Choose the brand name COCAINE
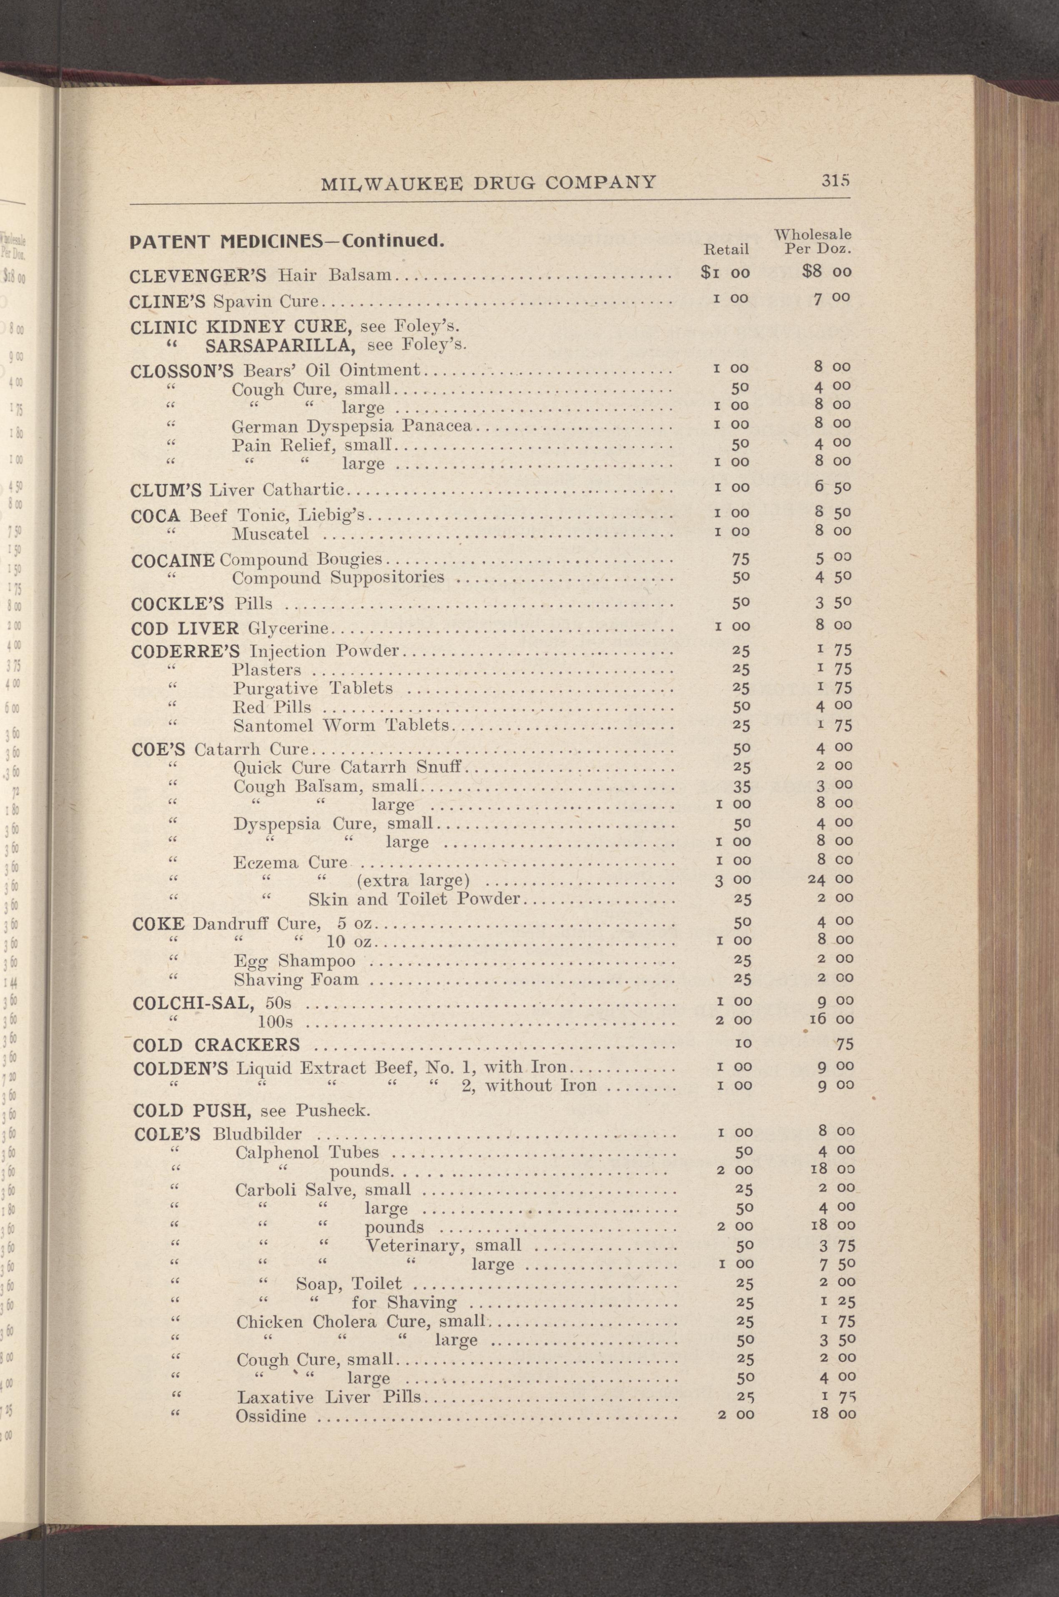173,560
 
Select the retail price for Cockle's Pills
741,603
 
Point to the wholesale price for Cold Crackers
843,1045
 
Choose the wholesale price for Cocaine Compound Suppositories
832,578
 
